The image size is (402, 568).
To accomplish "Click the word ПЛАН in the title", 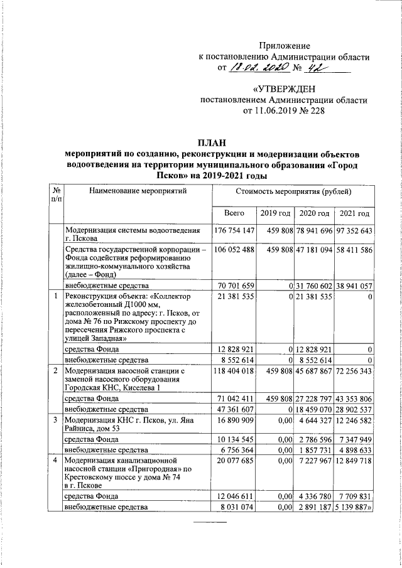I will [210, 144].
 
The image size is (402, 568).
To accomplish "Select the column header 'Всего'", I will [234, 214].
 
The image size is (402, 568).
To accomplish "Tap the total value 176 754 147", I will [234, 231].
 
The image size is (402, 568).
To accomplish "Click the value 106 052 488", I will [234, 250].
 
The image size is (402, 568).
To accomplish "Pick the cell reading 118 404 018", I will [234, 372].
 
